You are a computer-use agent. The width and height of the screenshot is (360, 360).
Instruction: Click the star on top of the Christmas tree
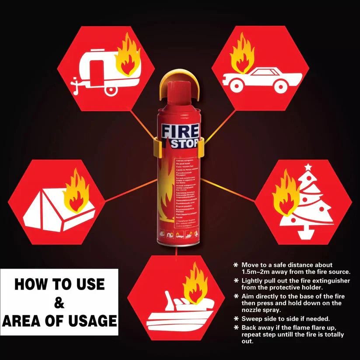(308, 167)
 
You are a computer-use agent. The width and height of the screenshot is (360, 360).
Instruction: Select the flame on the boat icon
(195, 287)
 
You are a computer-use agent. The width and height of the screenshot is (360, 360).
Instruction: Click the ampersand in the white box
(59, 302)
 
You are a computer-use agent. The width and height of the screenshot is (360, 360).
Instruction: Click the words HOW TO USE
(59, 284)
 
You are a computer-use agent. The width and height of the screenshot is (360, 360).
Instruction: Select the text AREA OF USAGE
(59, 321)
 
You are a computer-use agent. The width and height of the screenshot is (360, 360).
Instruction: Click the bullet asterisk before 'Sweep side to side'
(237, 318)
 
